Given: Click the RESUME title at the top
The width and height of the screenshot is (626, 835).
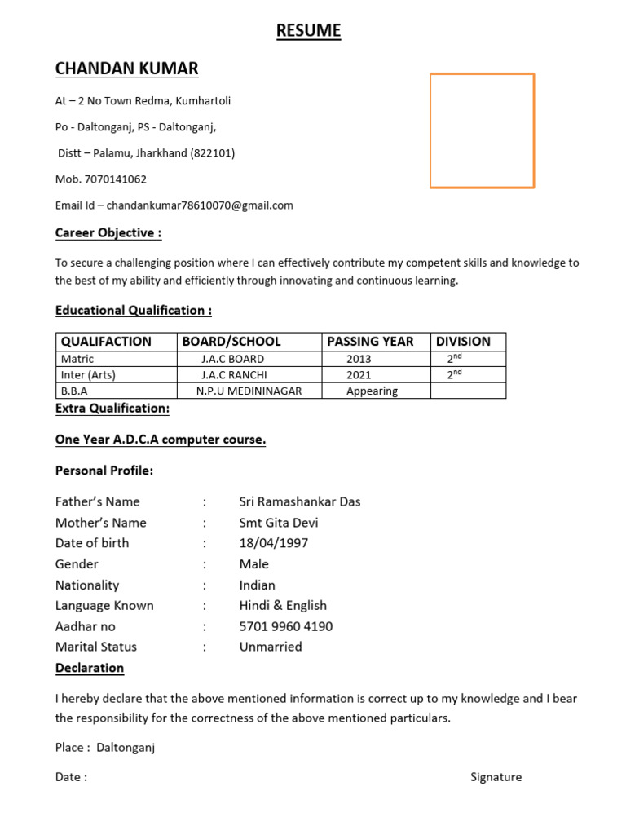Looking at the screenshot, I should [308, 31].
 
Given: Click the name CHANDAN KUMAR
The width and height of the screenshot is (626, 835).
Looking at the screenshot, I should [126, 68].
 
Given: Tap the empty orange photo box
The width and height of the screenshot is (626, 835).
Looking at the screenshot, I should [482, 130].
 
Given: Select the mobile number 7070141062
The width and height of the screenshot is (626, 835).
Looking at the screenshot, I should [116, 179].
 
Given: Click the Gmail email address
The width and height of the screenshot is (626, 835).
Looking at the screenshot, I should [200, 205].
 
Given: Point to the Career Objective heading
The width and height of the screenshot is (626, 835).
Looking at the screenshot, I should [108, 233].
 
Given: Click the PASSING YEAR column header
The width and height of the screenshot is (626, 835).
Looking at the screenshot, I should [370, 342].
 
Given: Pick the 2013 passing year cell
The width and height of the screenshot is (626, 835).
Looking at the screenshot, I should [359, 359].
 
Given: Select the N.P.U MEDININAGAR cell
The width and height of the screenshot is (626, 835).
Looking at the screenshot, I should [249, 391].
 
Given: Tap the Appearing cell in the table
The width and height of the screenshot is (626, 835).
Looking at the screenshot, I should [372, 391].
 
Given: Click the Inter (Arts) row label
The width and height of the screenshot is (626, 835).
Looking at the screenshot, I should [88, 375].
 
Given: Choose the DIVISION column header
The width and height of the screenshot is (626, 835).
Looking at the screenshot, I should [463, 342].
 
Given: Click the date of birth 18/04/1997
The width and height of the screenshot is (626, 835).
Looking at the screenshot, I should [274, 543].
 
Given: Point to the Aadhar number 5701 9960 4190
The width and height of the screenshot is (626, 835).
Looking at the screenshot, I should [286, 626].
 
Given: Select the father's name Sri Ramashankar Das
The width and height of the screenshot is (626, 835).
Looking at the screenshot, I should [300, 501].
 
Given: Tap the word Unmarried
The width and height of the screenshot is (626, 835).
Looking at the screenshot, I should [271, 647].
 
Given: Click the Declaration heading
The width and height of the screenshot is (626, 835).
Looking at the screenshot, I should [90, 668].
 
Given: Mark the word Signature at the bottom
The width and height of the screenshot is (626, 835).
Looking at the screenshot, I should [496, 777].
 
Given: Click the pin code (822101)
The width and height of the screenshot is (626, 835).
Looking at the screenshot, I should [213, 153].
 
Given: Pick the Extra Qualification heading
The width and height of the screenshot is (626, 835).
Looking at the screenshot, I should [112, 409].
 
